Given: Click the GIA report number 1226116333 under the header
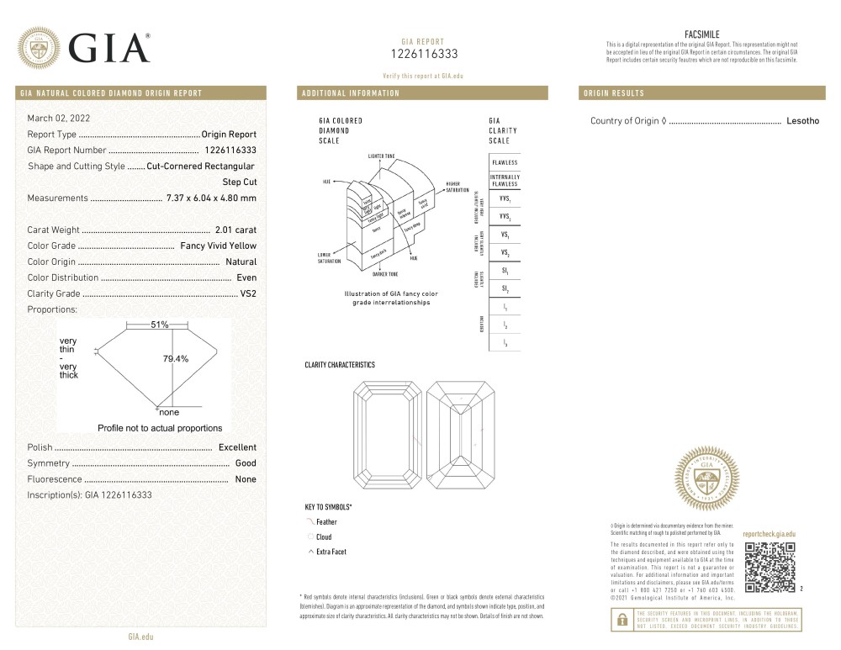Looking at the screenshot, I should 425,54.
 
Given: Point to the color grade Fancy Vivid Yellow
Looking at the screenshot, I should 219,246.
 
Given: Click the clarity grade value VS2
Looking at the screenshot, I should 248,293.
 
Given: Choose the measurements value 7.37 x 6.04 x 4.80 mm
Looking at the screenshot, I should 211,198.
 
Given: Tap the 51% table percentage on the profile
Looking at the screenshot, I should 160,325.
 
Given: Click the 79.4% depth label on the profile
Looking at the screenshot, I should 176,359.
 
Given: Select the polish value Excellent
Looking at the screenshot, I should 237,447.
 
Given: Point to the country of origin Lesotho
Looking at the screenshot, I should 802,121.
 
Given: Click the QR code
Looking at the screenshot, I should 770,567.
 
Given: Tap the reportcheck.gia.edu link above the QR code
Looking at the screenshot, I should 769,534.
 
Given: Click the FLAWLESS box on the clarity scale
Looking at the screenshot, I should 505,161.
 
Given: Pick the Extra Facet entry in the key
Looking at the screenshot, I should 331,552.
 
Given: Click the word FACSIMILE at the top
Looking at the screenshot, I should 702,34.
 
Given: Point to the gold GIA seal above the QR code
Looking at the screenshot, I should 707,479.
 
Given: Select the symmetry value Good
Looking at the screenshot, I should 246,463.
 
